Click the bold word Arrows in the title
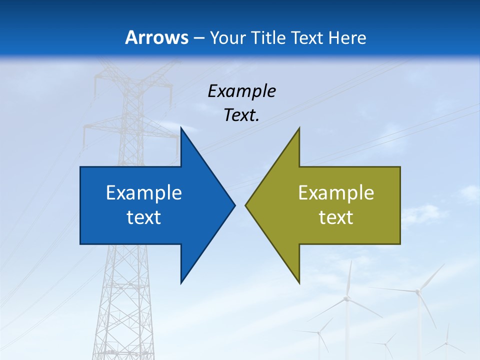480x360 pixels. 156,38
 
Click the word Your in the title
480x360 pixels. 227,38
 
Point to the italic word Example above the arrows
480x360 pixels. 241,91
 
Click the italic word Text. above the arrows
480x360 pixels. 241,115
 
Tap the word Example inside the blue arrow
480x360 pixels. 144,193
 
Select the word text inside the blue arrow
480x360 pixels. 144,217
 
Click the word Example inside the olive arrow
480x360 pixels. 336,193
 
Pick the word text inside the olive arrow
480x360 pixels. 336,217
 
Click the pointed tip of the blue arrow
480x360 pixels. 234,205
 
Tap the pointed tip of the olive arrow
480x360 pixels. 246,205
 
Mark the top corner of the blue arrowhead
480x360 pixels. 181,128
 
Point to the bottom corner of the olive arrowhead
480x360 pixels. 299,283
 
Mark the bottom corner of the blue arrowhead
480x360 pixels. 181,283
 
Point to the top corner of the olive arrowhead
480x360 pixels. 299,128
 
